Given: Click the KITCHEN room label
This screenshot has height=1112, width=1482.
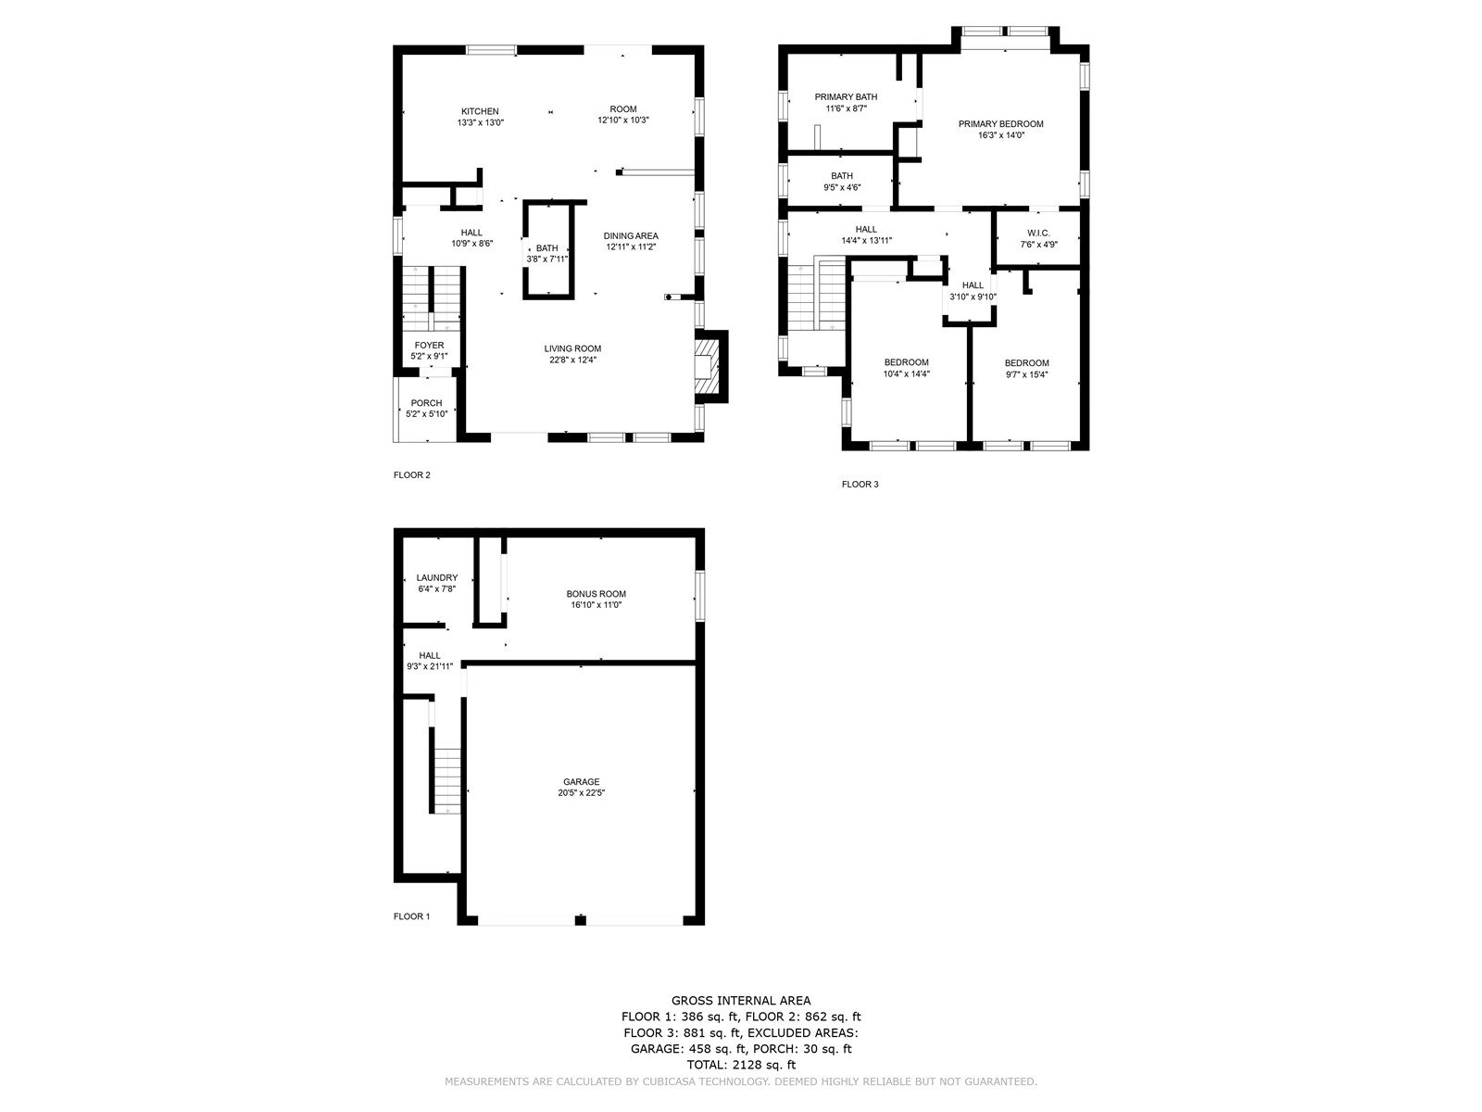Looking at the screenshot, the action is [x=480, y=111].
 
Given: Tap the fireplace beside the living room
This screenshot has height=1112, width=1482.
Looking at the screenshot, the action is [x=711, y=367].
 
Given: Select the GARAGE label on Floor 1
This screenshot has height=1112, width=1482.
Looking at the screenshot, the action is [x=581, y=782].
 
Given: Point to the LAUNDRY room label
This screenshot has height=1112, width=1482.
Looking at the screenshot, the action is [x=437, y=577].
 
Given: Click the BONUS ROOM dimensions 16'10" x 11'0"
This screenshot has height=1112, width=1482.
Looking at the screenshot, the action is [x=596, y=605].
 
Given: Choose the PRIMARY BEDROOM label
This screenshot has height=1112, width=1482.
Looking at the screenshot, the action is [x=1000, y=123].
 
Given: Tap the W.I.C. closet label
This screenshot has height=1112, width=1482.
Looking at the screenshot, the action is [x=1038, y=233].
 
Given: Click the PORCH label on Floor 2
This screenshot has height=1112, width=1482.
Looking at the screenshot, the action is [x=426, y=403].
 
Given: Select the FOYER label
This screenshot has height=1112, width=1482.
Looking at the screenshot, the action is [x=429, y=345].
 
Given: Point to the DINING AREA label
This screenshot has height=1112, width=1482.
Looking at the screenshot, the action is [x=631, y=235].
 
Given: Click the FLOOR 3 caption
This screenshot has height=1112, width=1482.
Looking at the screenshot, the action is [x=860, y=484].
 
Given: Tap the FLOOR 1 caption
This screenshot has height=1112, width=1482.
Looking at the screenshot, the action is [x=411, y=916].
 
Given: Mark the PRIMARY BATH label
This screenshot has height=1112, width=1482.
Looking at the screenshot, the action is [x=846, y=96].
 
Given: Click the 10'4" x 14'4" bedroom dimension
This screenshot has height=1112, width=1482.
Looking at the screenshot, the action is [x=906, y=374].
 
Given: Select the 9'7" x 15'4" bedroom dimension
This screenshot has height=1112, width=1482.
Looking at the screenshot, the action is [x=1026, y=374].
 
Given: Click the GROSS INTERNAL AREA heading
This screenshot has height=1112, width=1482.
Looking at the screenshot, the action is [x=741, y=1001].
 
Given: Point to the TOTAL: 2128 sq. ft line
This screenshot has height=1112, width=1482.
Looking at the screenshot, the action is [x=741, y=1065].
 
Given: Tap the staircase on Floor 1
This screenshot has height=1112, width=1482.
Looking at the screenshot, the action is [x=447, y=780].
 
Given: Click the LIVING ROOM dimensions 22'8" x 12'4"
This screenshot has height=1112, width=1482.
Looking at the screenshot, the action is [x=572, y=360].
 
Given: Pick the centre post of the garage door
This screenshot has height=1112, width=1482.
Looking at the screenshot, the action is [x=580, y=919].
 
